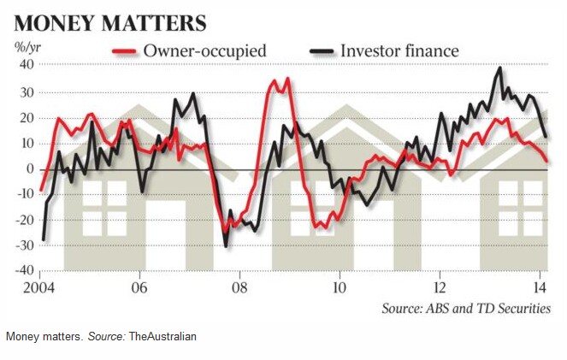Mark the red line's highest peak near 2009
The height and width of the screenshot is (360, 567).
pos(286,79)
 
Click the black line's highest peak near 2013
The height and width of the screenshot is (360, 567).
pos(500,68)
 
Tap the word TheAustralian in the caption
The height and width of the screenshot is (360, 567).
pos(162,336)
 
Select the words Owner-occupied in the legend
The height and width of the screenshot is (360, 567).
pos(206,51)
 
